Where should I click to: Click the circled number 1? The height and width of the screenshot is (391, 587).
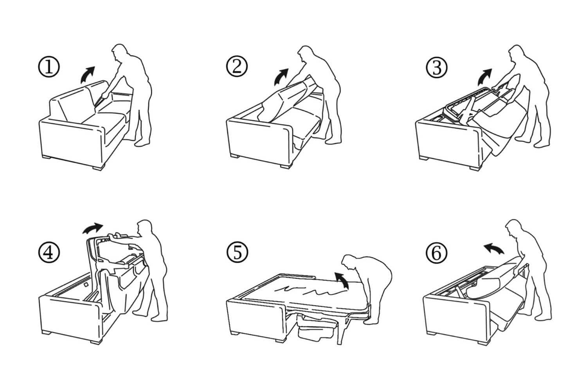(49, 67)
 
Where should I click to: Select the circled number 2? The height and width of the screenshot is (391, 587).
(237, 67)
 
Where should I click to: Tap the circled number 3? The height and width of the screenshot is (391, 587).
(436, 67)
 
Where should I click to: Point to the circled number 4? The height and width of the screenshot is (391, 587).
(49, 253)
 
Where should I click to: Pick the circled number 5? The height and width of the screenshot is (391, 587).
(237, 253)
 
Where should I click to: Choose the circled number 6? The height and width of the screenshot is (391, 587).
(436, 253)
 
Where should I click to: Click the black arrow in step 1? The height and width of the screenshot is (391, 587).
(87, 75)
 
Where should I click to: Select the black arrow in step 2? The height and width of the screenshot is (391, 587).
(281, 76)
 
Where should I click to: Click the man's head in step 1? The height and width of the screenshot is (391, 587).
(119, 53)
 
